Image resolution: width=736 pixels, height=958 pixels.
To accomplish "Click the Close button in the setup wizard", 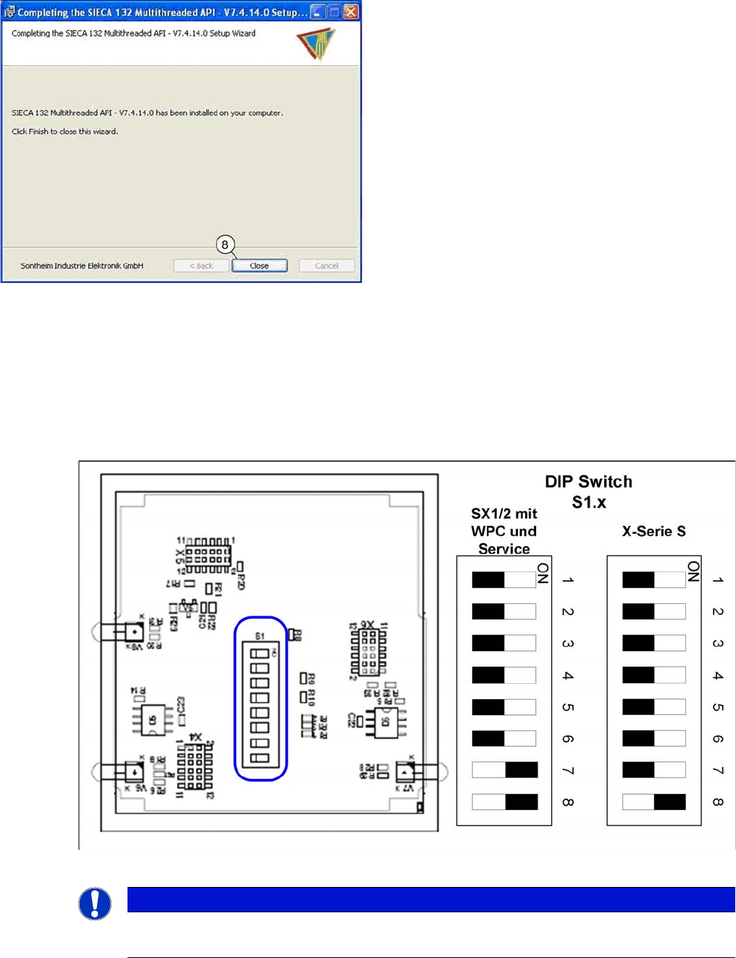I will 259,266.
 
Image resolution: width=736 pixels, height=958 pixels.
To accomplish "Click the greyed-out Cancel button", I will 326,266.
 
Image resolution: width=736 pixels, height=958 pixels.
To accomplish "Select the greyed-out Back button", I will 201,266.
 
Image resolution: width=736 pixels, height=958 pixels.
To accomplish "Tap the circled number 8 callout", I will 225,244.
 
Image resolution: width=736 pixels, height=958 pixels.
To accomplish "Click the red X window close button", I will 351,12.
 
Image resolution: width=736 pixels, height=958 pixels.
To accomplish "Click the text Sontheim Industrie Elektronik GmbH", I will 82,266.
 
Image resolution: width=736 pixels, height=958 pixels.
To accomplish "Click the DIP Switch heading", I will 588,482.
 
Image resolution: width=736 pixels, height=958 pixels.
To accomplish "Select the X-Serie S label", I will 653,532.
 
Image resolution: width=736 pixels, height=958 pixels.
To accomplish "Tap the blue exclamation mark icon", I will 95,904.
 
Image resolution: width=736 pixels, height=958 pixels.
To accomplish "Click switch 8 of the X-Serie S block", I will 653,802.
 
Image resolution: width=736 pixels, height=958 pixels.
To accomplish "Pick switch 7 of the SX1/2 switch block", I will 504,770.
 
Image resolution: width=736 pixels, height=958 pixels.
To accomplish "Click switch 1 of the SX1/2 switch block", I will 504,579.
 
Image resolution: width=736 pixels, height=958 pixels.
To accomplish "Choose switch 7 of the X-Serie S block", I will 653,770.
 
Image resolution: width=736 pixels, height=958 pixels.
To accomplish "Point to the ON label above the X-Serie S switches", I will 693,571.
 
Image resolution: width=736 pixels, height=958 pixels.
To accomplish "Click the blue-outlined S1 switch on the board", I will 260,698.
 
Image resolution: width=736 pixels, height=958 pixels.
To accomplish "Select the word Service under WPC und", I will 504,549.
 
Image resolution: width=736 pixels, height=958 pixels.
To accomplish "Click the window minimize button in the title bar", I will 317,12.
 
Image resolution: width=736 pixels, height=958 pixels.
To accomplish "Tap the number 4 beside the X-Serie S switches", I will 718,675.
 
